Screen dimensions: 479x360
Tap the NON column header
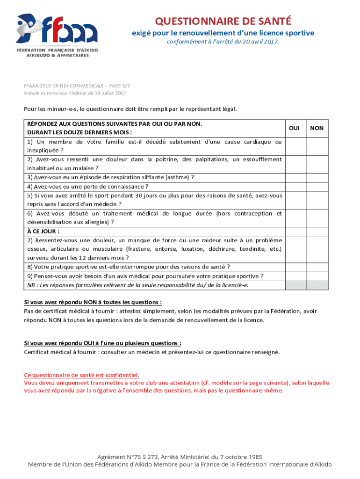click(x=317, y=128)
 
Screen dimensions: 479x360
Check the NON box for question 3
click(x=317, y=177)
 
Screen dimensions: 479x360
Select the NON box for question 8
click(x=317, y=267)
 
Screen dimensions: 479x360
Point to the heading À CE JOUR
click(x=43, y=231)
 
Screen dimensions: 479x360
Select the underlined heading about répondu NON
click(x=93, y=302)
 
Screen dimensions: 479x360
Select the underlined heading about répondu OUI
click(x=102, y=343)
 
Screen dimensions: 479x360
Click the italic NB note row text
click(x=137, y=285)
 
